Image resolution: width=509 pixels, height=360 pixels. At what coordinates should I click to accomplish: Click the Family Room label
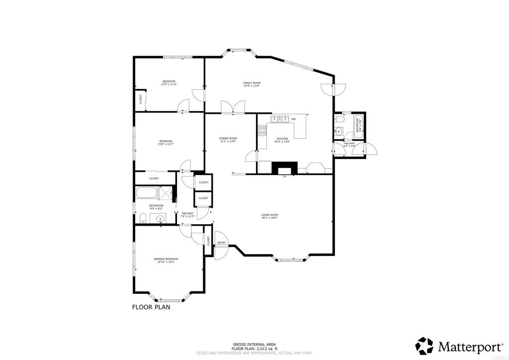[252, 85]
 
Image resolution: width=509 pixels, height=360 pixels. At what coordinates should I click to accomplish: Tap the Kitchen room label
[282, 140]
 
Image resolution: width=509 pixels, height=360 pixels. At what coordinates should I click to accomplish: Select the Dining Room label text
[228, 140]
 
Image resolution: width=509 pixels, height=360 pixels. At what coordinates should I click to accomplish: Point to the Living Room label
[269, 216]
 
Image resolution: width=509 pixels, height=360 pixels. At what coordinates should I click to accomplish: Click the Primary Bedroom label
[166, 261]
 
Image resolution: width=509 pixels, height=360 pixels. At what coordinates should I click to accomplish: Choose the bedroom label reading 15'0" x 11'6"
[169, 83]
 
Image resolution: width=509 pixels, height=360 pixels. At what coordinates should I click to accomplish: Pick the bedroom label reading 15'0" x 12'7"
[166, 143]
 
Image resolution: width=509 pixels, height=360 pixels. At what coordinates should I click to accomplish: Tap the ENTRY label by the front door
[222, 243]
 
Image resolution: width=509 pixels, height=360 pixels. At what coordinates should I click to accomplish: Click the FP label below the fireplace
[285, 177]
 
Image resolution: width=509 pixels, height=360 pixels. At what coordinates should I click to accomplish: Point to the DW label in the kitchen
[294, 119]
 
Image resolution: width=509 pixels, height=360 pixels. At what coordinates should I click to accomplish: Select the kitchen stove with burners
[262, 130]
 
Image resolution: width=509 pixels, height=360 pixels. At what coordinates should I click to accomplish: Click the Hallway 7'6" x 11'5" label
[187, 215]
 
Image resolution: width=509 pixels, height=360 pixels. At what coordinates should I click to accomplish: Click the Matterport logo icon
[424, 345]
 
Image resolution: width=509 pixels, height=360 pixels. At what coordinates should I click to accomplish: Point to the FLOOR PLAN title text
[151, 307]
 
